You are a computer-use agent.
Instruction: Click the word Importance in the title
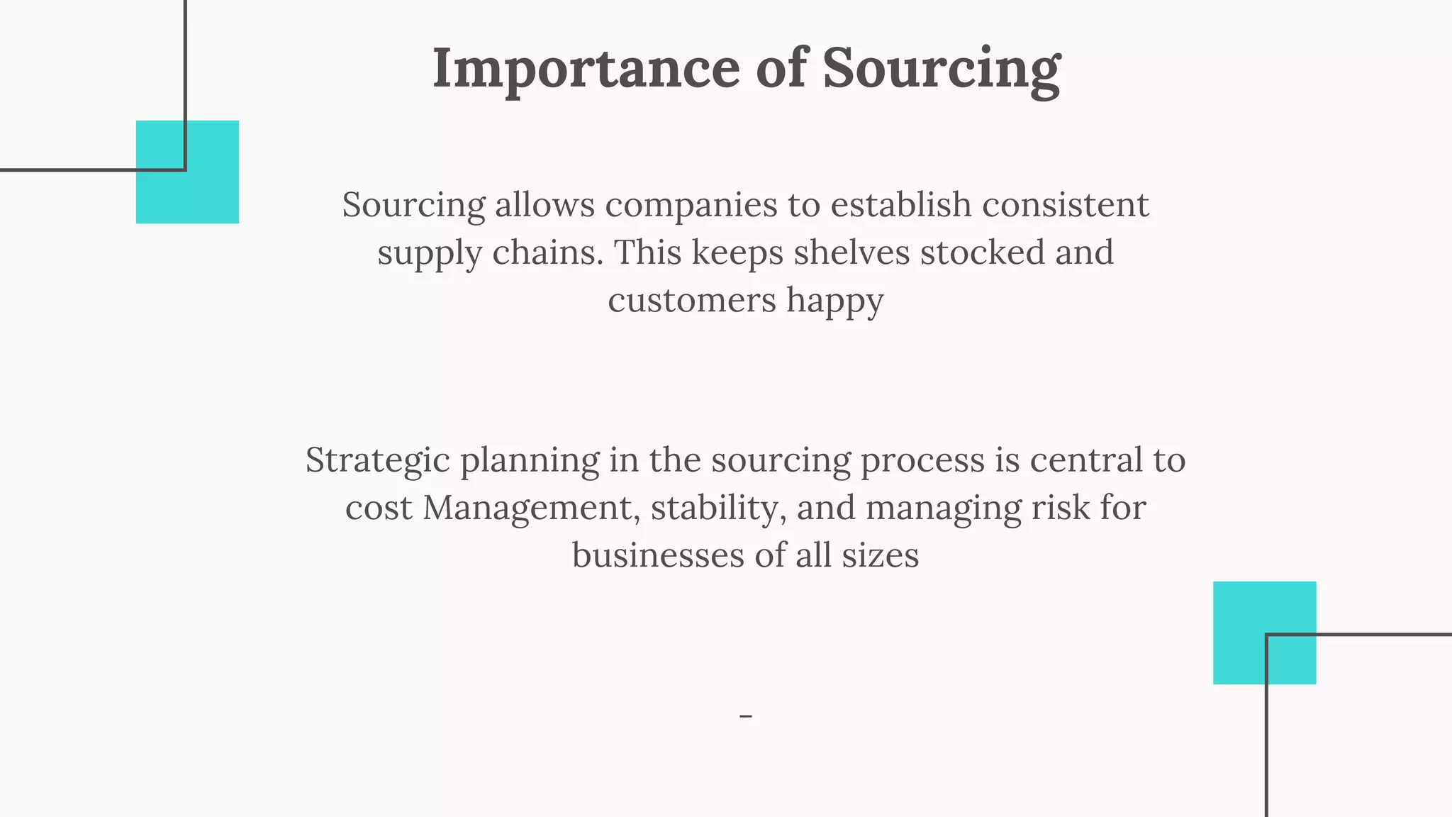[x=586, y=69]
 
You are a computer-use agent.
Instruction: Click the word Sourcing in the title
[x=941, y=69]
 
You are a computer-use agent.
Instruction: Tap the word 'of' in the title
[x=781, y=69]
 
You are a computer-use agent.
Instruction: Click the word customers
[x=691, y=301]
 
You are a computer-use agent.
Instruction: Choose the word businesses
[x=657, y=555]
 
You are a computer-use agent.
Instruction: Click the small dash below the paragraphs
[x=745, y=716]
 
